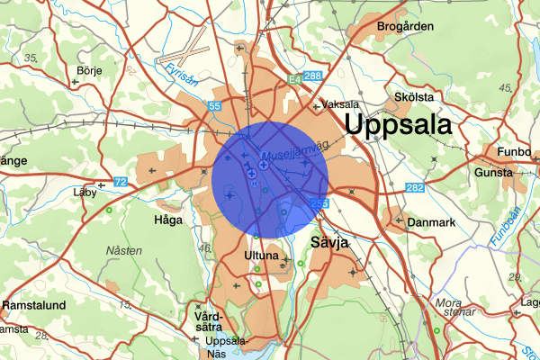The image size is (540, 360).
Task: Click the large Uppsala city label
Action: click(x=397, y=126)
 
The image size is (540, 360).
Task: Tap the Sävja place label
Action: click(x=328, y=243)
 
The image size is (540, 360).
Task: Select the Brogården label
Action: click(x=404, y=27)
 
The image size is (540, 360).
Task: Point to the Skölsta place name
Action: click(x=414, y=96)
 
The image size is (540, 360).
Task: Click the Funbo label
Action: click(x=520, y=153)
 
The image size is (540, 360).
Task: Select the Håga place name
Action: click(x=168, y=219)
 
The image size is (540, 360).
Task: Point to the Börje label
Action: click(x=89, y=69)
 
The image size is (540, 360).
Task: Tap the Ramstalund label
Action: click(x=34, y=306)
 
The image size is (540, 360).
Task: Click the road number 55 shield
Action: click(x=214, y=106)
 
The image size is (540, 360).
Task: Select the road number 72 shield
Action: click(x=120, y=183)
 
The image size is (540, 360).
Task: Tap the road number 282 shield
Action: click(x=413, y=187)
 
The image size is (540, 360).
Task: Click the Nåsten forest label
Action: click(x=123, y=250)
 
